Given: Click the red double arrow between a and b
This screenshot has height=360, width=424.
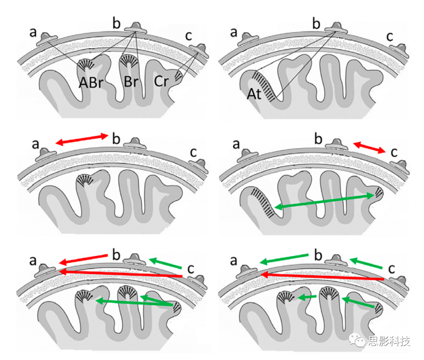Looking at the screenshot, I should tap(82, 139).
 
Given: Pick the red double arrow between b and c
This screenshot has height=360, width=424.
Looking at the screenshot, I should tap(369, 148).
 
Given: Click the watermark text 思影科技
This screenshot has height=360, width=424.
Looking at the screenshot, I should tap(389, 341).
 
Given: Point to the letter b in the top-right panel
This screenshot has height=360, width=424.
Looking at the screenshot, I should tap(317, 24).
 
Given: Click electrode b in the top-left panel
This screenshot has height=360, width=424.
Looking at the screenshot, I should tap(136, 28).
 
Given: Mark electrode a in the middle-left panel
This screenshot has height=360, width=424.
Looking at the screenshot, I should tap(46, 153).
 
